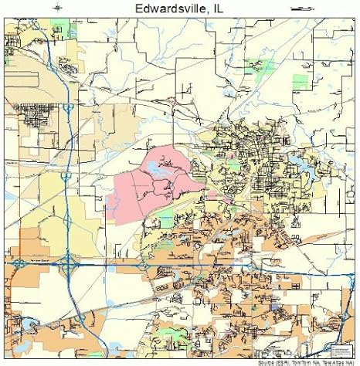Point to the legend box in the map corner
click(340, 341)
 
